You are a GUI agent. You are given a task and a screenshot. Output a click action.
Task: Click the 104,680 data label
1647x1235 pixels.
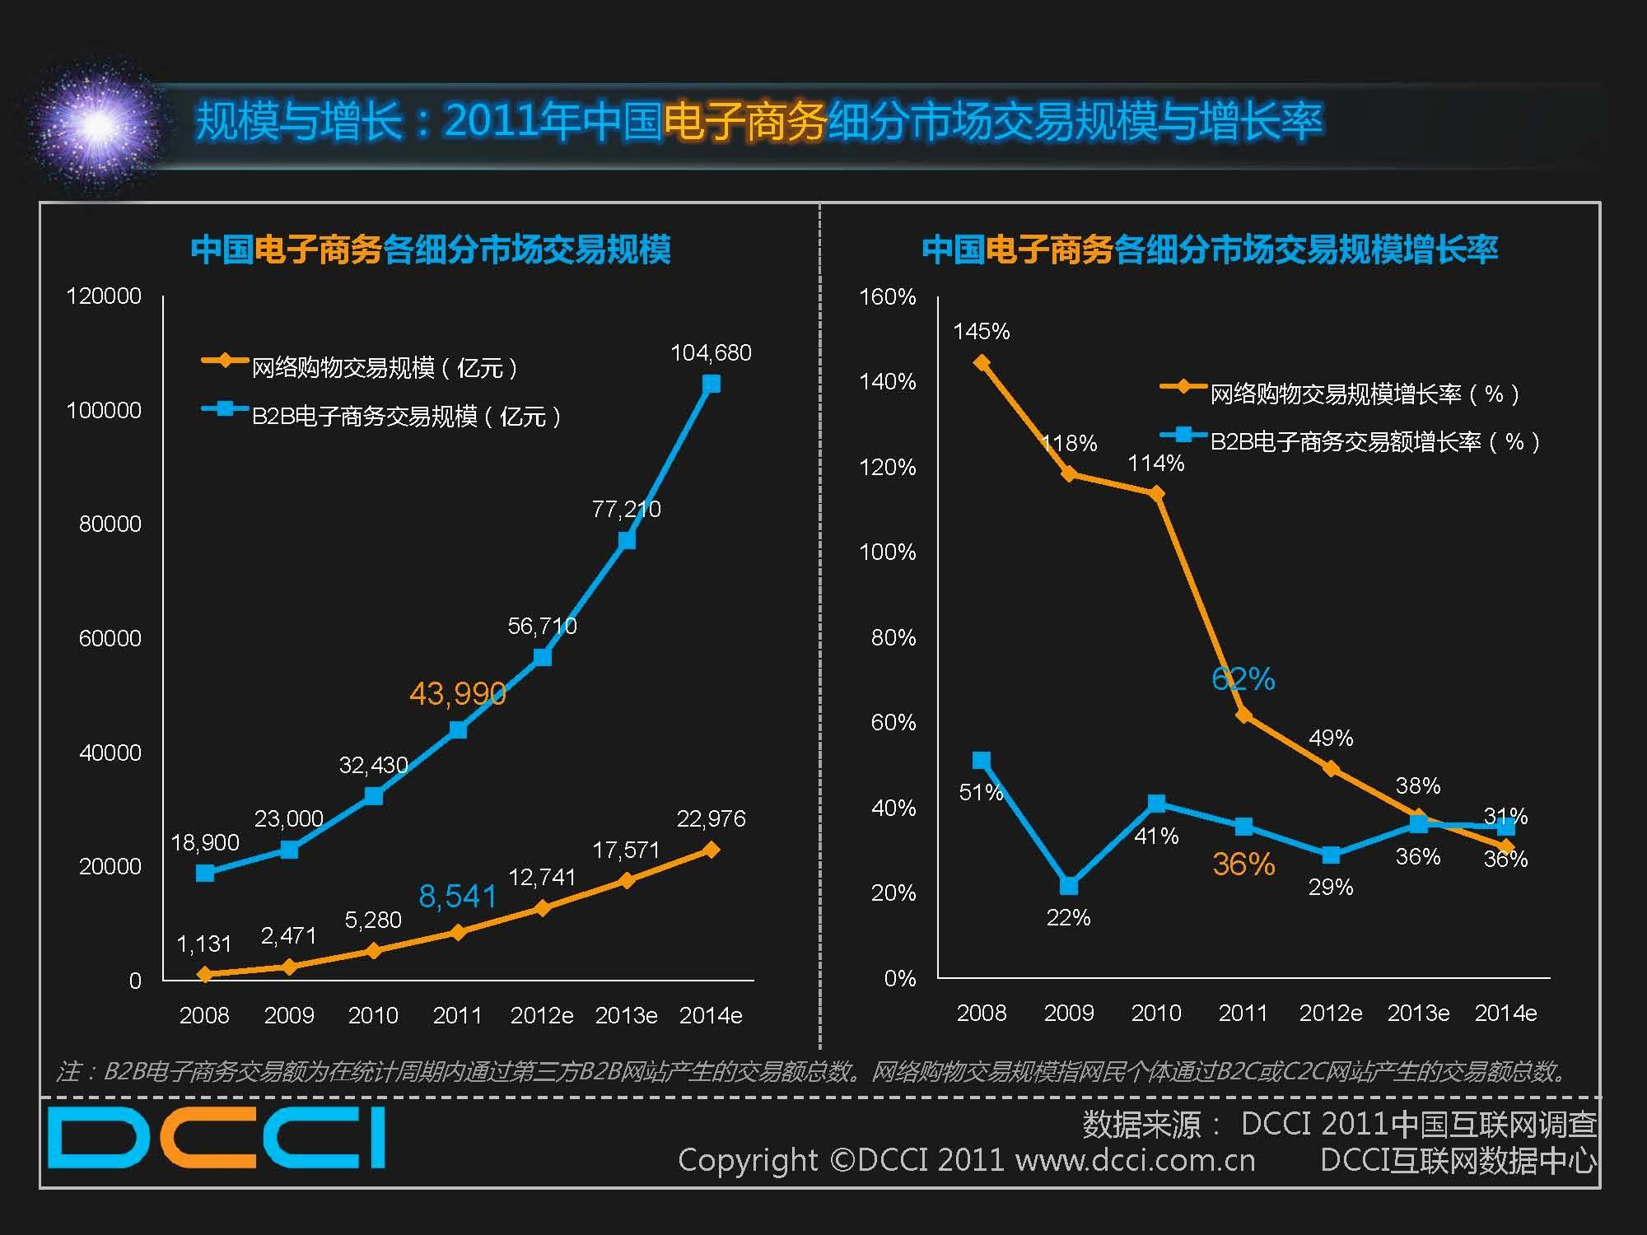[711, 352]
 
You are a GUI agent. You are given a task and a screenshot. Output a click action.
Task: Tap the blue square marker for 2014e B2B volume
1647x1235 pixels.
[711, 384]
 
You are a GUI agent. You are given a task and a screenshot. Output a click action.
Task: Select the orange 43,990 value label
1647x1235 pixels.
[457, 694]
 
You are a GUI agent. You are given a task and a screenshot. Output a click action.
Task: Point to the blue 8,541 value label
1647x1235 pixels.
[457, 896]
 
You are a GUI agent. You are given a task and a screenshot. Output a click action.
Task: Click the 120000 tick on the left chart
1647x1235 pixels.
[104, 296]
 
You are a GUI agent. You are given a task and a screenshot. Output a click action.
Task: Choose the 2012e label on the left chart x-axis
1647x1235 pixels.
[541, 1015]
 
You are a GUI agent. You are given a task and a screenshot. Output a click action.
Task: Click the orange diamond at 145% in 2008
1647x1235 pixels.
[981, 362]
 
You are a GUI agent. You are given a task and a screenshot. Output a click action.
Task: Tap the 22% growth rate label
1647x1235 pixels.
[1068, 917]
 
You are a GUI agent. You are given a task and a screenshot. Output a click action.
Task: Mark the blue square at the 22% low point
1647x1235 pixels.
[1069, 885]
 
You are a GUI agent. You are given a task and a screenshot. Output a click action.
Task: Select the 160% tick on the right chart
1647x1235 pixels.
[887, 296]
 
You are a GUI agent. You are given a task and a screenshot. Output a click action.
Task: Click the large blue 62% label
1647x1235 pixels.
[1243, 679]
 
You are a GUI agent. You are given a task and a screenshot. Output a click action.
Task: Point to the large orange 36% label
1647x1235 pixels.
[1243, 864]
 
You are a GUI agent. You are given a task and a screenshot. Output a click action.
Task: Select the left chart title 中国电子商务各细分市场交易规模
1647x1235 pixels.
[431, 249]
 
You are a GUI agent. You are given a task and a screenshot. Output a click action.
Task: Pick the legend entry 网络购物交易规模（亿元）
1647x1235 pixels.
[384, 367]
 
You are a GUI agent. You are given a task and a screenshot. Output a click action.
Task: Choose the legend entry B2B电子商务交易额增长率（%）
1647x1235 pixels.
[1374, 442]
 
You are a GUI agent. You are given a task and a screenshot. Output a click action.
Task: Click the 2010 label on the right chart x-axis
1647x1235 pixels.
[1155, 1013]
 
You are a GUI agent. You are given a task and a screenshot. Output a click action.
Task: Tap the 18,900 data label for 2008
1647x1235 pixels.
[205, 842]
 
